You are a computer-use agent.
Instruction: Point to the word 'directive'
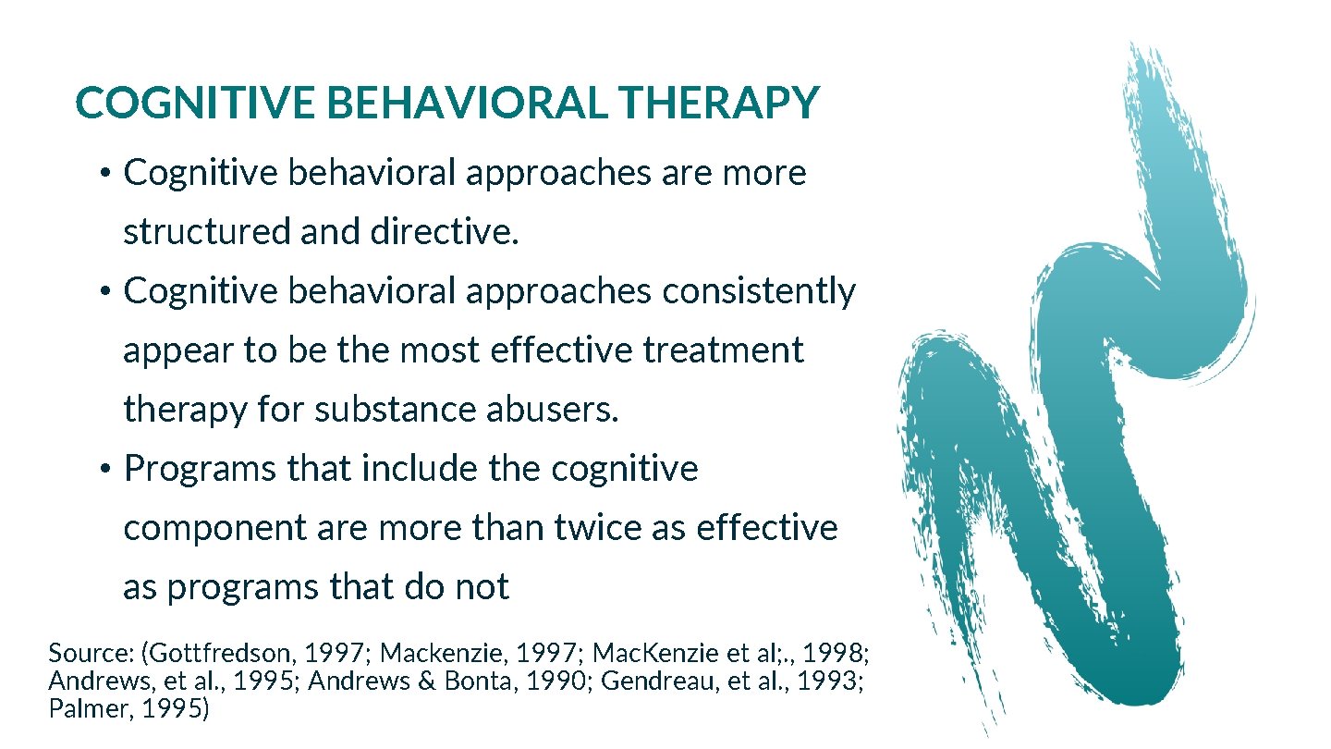[443, 232]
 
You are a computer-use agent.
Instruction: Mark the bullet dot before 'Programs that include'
[106, 470]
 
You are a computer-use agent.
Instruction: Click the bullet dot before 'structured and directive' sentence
[106, 174]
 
